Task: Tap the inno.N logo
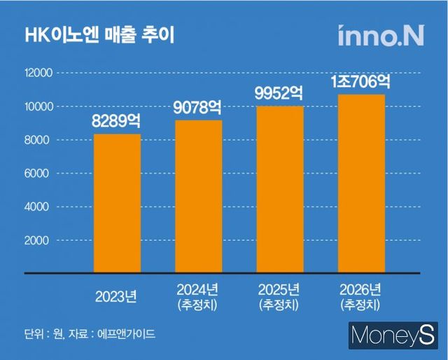(x=380, y=36)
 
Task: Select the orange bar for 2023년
(x=118, y=202)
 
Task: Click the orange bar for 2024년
(x=199, y=196)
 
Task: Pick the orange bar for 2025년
(x=280, y=188)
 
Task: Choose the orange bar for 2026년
(x=361, y=183)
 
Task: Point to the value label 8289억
(x=118, y=122)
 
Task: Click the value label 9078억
(x=199, y=108)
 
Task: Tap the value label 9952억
(x=280, y=94)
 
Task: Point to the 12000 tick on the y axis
(x=39, y=73)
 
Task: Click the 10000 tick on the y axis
(x=39, y=106)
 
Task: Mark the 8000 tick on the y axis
(x=41, y=140)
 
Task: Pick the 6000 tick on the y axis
(x=41, y=174)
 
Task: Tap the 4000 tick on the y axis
(x=41, y=207)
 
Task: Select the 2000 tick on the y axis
(x=41, y=241)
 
